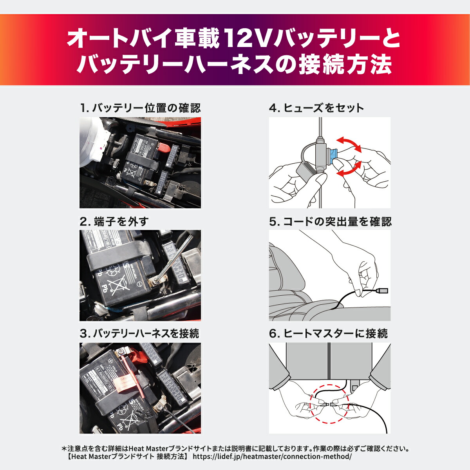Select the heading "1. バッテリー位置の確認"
(140, 108)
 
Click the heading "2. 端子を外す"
(114, 222)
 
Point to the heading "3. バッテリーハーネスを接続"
(139, 334)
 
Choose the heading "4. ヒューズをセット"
(316, 108)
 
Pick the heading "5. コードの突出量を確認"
(330, 222)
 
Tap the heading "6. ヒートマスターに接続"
(328, 334)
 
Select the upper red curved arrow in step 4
(349, 144)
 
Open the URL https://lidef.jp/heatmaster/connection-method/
(272, 457)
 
